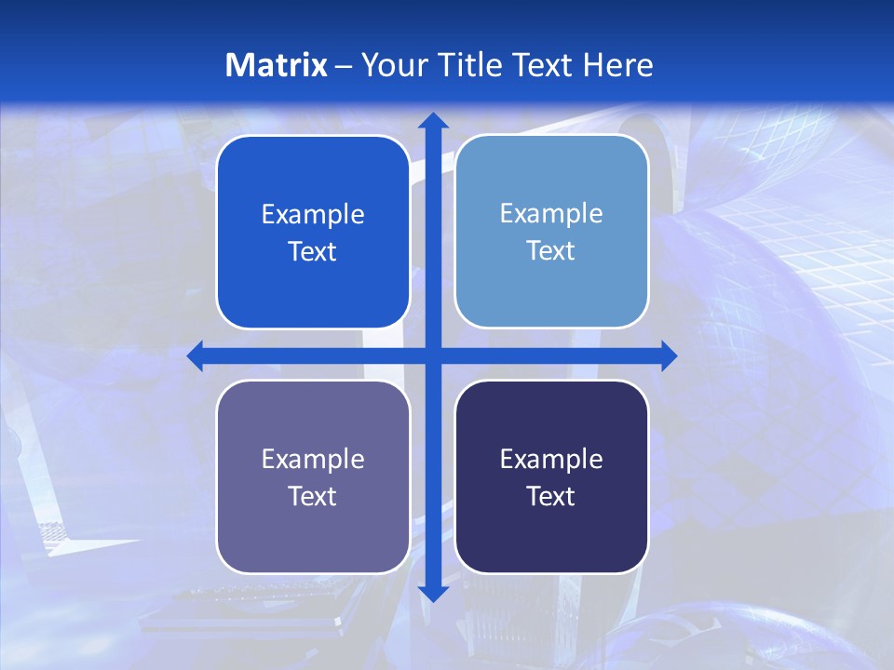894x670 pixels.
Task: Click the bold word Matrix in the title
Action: pos(277,65)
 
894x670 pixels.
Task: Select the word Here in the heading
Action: pos(617,65)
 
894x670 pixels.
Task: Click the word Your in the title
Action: pos(390,65)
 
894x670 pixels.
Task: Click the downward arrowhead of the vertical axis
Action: pos(432,593)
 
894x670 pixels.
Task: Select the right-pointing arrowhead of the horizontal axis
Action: pos(668,355)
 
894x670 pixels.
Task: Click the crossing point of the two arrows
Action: pos(432,355)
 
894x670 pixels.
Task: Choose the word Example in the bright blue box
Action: pos(313,215)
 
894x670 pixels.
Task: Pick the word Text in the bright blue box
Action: pos(313,252)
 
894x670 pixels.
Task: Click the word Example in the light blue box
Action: pos(551,214)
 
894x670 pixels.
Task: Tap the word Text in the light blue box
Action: pos(551,251)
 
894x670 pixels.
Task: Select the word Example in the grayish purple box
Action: pos(313,460)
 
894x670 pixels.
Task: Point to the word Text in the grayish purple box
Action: pos(313,497)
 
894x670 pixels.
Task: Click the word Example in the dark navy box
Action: pos(551,460)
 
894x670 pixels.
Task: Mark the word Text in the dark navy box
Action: pos(551,497)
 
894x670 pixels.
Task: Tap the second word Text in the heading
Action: pos(541,65)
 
